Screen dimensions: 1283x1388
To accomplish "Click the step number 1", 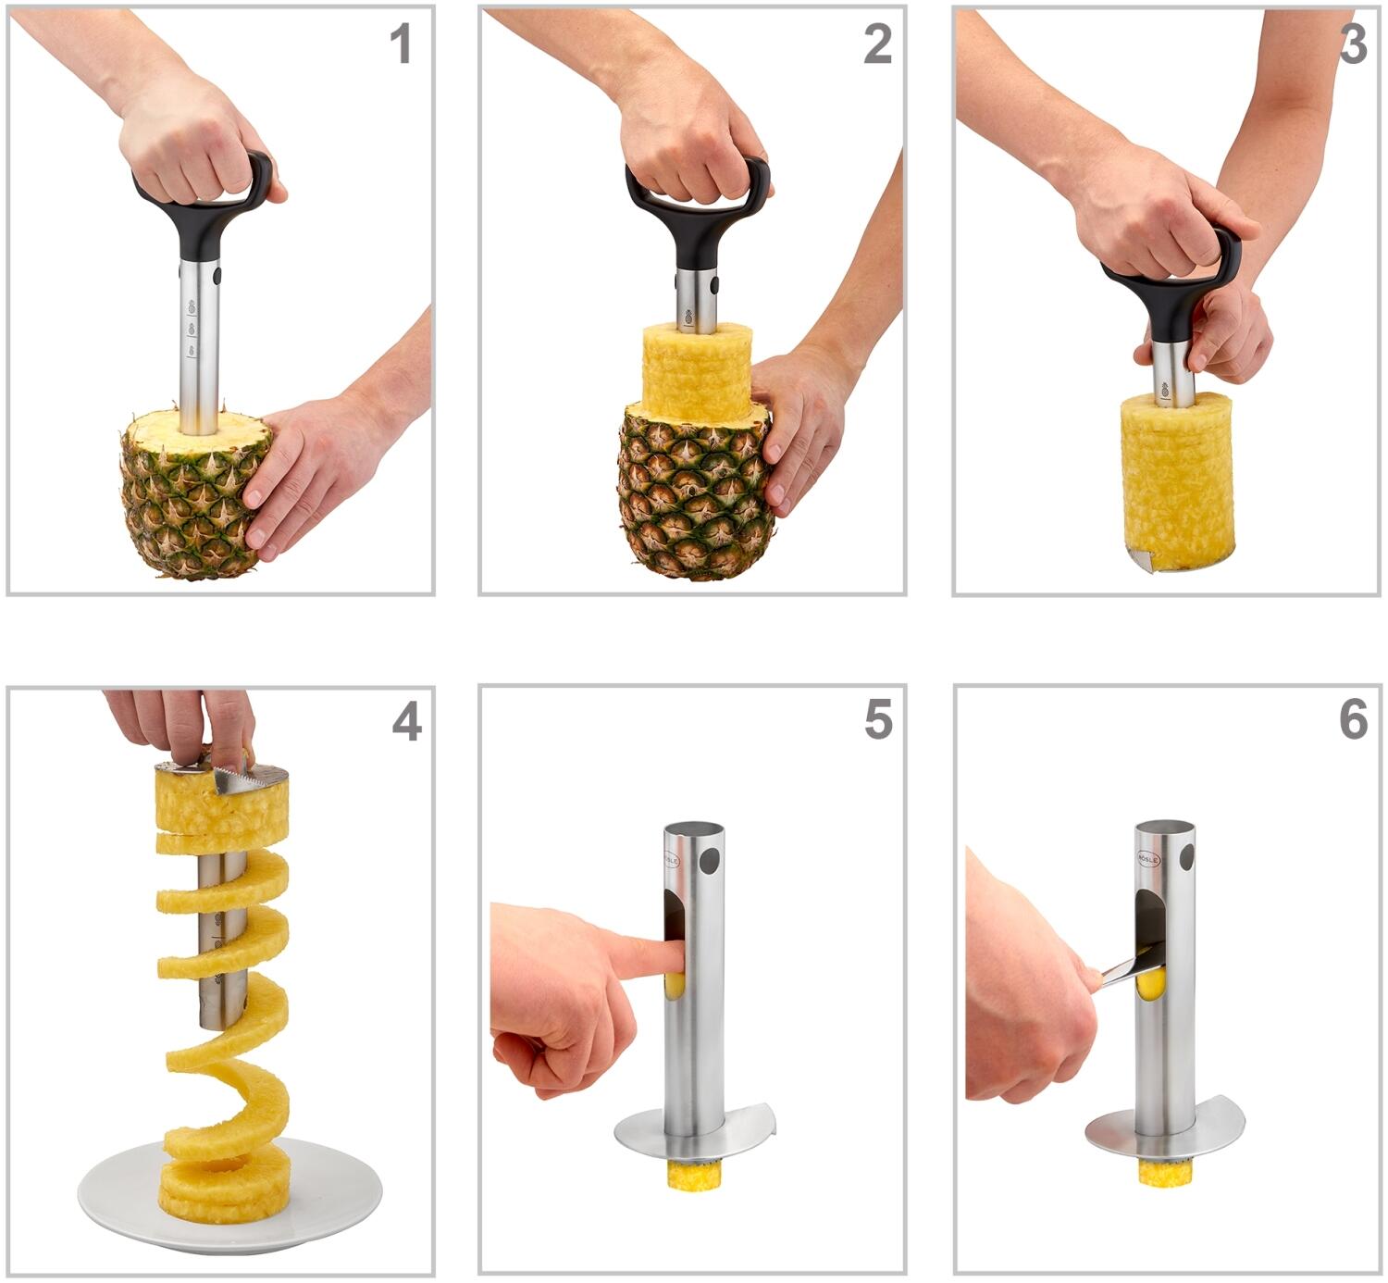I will [x=400, y=44].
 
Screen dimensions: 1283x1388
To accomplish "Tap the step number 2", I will [x=877, y=44].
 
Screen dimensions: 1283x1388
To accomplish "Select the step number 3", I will [x=1353, y=44].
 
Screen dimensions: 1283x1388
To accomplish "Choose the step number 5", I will [x=878, y=719].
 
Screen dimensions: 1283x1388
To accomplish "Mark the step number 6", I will [x=1353, y=719].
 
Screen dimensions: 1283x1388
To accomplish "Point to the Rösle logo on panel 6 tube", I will [x=1147, y=858].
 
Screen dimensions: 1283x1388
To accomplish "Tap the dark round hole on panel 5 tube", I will [x=709, y=861].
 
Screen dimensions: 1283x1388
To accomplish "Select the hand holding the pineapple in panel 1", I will [x=315, y=463].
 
